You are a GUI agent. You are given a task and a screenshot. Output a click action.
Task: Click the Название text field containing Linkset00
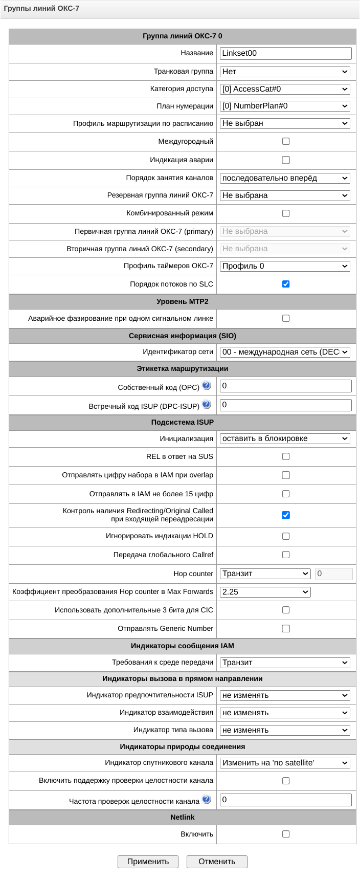tap(285, 53)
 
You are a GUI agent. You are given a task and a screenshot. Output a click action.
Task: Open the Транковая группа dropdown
tap(285, 72)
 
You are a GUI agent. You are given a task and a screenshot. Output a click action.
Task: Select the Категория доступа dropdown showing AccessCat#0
tap(285, 89)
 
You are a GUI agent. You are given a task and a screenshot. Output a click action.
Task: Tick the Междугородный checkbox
tap(286, 141)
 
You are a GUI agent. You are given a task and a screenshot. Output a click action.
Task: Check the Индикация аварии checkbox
tap(286, 160)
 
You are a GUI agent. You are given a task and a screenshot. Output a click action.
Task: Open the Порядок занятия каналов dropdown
tap(285, 178)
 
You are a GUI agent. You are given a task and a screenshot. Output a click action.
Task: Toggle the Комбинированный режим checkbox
tap(286, 213)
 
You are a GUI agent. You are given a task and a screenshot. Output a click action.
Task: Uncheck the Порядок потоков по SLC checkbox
tap(286, 284)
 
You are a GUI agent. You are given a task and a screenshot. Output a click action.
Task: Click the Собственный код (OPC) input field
tap(285, 386)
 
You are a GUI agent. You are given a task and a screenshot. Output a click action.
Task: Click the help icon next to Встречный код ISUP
tap(207, 405)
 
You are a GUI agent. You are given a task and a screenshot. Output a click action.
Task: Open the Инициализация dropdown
tap(285, 438)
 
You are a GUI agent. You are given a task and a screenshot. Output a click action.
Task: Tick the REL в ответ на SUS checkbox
tap(286, 456)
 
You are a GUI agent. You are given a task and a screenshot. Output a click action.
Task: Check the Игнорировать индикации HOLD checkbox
tap(286, 536)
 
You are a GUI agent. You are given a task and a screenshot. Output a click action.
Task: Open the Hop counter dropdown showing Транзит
tap(265, 574)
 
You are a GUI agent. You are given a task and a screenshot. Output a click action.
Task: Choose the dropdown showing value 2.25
tap(265, 592)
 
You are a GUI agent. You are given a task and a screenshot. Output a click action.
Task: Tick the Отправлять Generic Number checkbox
tap(286, 628)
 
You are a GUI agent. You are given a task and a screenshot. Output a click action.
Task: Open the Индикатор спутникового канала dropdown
tap(285, 763)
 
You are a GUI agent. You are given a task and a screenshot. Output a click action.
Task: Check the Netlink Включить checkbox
tap(286, 834)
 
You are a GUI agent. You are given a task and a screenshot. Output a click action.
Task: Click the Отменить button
tap(217, 862)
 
